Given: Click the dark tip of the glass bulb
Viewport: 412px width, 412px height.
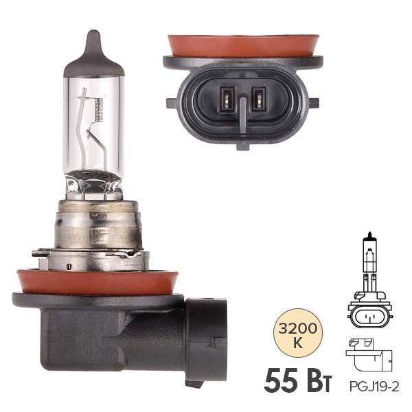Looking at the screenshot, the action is (94, 55).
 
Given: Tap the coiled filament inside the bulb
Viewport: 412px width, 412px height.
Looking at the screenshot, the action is (98, 111).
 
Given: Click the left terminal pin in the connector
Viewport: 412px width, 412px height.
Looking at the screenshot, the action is (227, 100).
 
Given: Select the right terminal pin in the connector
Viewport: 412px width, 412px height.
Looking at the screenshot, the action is (259, 100).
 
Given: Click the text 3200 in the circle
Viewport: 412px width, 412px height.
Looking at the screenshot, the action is (297, 328).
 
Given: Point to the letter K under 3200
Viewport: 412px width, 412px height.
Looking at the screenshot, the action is (298, 343).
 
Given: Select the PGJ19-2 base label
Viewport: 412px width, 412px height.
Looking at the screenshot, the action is (374, 387).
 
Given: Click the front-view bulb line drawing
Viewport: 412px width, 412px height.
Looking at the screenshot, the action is (370, 280).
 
